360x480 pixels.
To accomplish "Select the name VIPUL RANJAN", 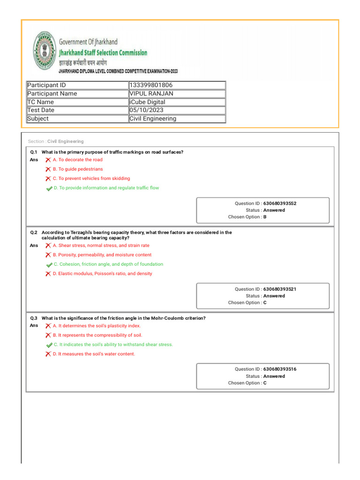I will tap(151, 93).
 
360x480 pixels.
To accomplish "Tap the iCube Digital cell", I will tap(147, 102).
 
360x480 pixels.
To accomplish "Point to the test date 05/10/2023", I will tap(144, 110).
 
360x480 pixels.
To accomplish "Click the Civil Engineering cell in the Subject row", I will tap(153, 119).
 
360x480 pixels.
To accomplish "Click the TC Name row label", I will tap(41, 102).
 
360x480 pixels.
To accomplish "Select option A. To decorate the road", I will tap(77, 160).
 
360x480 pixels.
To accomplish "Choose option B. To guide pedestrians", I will tap(78, 169).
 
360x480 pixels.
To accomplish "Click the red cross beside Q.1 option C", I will tap(48, 179).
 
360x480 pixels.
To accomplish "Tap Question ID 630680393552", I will tap(279, 203).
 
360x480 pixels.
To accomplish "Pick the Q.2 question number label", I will tap(34, 232).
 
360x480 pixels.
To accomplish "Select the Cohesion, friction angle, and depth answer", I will tap(108, 264).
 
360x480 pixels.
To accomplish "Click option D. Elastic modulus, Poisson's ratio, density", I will tap(102, 274).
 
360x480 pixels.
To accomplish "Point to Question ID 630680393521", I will tap(279, 289).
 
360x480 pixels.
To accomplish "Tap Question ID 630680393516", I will tap(279, 369).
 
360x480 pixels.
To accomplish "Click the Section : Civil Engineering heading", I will tap(56, 141).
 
